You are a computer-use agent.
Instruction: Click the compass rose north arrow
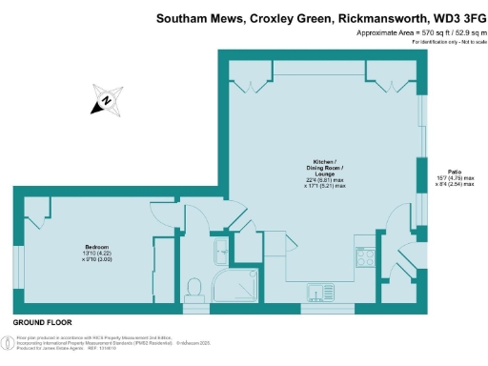(x=107, y=99)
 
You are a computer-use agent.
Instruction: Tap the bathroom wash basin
(x=220, y=250)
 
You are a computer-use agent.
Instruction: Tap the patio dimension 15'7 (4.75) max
(x=455, y=178)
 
